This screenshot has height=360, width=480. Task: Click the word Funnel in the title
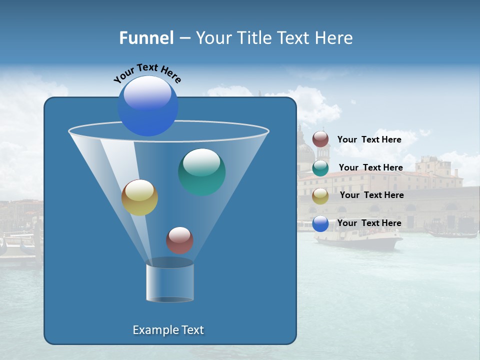click(x=146, y=38)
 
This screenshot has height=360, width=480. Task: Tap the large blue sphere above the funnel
click(x=148, y=106)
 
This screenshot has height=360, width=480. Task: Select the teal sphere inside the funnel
click(x=201, y=171)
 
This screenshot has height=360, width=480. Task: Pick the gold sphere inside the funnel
click(x=139, y=197)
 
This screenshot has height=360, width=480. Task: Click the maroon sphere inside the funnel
click(x=179, y=240)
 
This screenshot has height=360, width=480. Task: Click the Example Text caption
click(x=168, y=330)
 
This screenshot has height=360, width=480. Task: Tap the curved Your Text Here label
click(x=147, y=73)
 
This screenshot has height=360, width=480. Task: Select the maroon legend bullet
click(x=320, y=139)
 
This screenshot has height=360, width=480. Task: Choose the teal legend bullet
click(x=320, y=168)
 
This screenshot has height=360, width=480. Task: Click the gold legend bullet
click(x=320, y=196)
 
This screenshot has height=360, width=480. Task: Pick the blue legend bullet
click(x=320, y=223)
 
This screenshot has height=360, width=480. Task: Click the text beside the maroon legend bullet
click(x=369, y=139)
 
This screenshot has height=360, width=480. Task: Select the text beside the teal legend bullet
click(x=370, y=167)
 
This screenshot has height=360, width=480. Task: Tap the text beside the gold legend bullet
click(x=371, y=195)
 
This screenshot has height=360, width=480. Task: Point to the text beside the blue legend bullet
click(x=369, y=223)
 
